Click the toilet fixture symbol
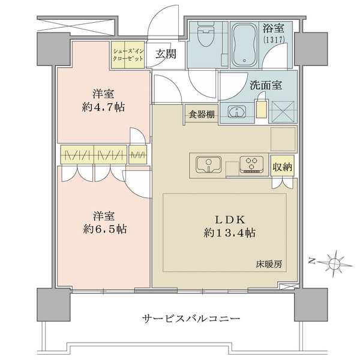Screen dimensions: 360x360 tap(206, 34)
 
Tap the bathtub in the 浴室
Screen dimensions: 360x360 tap(245, 45)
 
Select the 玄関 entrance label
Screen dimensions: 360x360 tap(166, 54)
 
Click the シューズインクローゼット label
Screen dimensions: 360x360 tap(128, 55)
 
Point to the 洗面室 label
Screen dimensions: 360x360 tap(266, 85)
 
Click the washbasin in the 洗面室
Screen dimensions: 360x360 tap(237, 112)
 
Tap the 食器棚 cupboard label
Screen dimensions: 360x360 tap(202, 115)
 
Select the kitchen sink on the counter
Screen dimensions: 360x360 tap(209, 164)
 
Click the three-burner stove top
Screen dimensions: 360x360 tap(251, 164)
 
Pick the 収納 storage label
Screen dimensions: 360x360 tap(283, 167)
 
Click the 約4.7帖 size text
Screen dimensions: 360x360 tap(103, 107)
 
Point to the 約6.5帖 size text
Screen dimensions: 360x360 tap(104, 229)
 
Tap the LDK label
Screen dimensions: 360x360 tap(230, 220)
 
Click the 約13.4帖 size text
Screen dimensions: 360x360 tap(230, 233)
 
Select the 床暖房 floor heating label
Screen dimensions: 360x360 tap(269, 265)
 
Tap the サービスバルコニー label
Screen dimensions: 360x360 tap(191, 319)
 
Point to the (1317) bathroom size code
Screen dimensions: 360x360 tap(274, 40)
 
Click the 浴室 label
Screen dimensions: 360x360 tap(274, 28)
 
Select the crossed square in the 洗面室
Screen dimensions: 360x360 tap(283, 112)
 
